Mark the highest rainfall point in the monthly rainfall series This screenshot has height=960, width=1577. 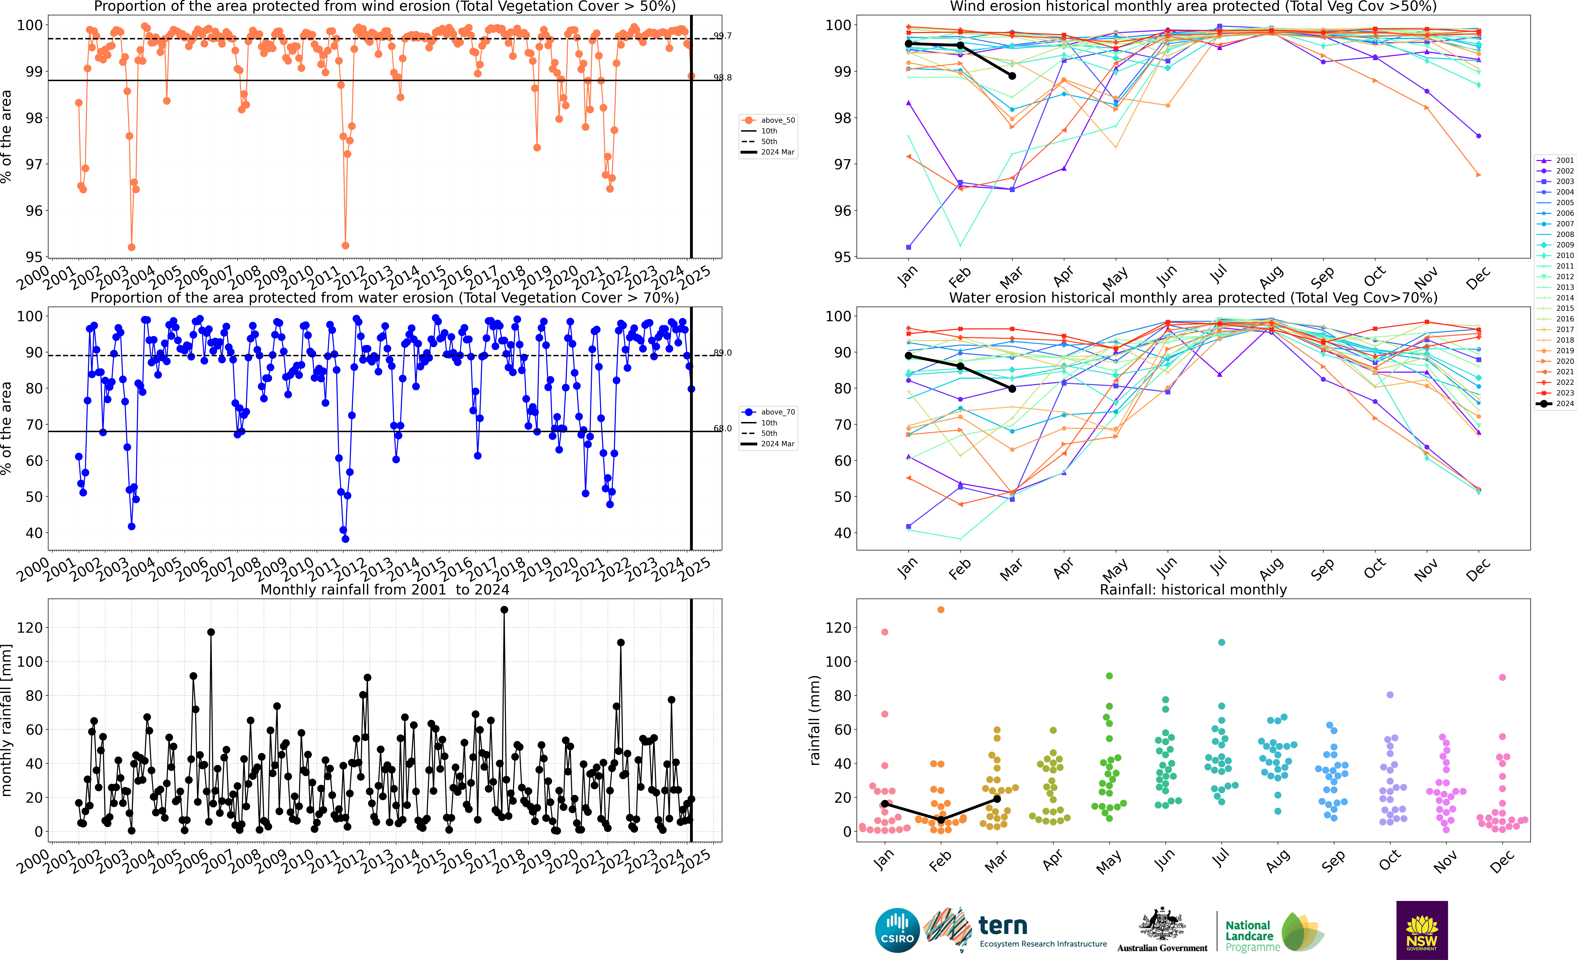(504, 610)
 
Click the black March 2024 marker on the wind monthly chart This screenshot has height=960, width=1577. (1012, 76)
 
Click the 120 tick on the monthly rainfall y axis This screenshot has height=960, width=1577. (30, 628)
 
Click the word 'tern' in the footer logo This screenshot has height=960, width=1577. (1003, 926)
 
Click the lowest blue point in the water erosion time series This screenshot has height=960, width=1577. (346, 539)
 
